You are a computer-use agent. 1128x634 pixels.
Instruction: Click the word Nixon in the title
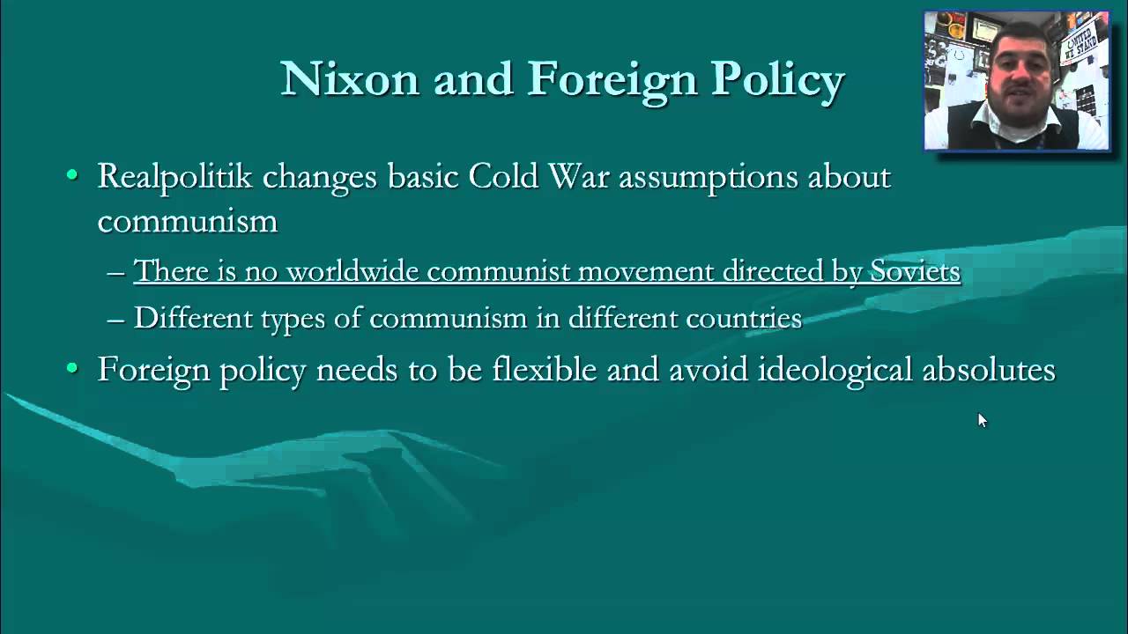point(350,79)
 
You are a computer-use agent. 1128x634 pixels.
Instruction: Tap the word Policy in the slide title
point(778,79)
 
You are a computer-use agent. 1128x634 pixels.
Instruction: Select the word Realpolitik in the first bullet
point(174,177)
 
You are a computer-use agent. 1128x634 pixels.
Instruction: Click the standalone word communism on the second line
point(187,220)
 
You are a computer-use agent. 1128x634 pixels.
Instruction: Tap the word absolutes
point(988,370)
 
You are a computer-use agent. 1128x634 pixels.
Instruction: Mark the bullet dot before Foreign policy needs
point(72,367)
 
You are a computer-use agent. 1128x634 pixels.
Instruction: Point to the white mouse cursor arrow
point(982,420)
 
